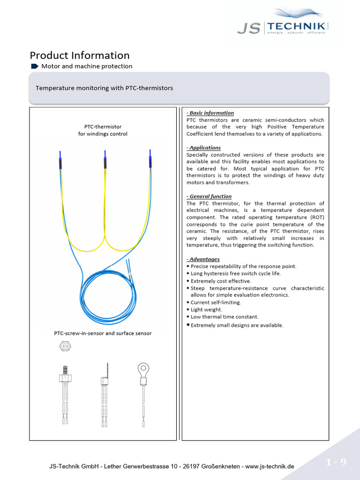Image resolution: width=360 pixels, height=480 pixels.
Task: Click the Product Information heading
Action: [80, 55]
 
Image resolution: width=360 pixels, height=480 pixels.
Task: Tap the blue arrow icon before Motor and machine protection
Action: [35, 66]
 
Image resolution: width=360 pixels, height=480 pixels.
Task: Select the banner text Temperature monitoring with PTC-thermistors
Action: [105, 88]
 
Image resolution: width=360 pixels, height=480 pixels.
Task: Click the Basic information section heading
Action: [210, 113]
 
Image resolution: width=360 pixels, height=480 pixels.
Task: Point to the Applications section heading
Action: [203, 148]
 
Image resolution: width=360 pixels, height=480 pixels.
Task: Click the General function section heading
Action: [209, 196]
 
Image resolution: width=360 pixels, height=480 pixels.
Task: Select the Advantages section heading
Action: [203, 259]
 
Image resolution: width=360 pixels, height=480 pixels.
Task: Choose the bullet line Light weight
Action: [206, 310]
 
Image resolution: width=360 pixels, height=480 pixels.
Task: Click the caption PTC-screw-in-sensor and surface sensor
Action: [103, 334]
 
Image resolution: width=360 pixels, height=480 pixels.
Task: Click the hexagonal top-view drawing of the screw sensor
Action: [65, 346]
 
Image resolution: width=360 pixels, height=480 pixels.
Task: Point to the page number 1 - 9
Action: [336, 463]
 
